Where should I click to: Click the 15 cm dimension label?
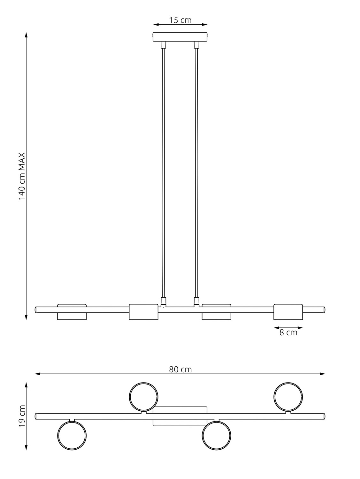(180, 20)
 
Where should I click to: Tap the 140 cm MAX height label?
(22, 176)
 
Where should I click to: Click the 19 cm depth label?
(22, 416)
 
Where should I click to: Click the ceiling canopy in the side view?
(180, 37)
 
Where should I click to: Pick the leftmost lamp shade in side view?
(72, 312)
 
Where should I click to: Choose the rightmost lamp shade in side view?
(288, 312)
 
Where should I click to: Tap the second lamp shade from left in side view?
(143, 312)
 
